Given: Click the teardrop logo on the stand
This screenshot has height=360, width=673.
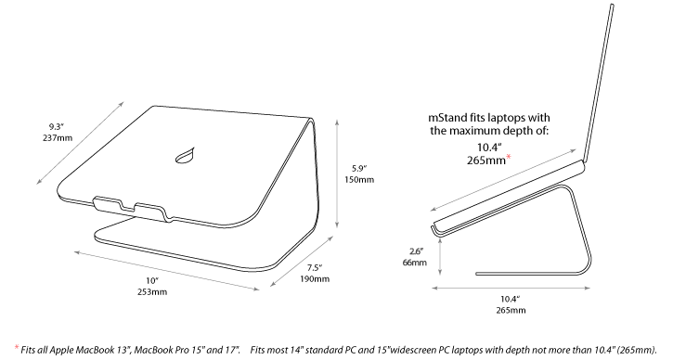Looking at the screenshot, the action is point(185,156).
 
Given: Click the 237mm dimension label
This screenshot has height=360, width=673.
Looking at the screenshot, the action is point(58,138).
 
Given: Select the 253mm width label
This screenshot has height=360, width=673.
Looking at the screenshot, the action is point(152,292).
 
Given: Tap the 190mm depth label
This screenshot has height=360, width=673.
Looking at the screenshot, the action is point(315,279).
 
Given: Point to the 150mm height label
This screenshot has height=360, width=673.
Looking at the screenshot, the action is point(359,179).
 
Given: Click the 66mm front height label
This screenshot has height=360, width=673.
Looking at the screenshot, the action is point(415,263).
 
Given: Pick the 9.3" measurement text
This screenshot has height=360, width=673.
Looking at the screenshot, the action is point(57,127).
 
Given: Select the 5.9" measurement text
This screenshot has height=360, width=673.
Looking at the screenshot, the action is point(359,168).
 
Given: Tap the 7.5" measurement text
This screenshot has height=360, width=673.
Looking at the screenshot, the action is point(315,268).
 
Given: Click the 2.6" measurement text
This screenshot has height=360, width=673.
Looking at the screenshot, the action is point(417,251).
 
